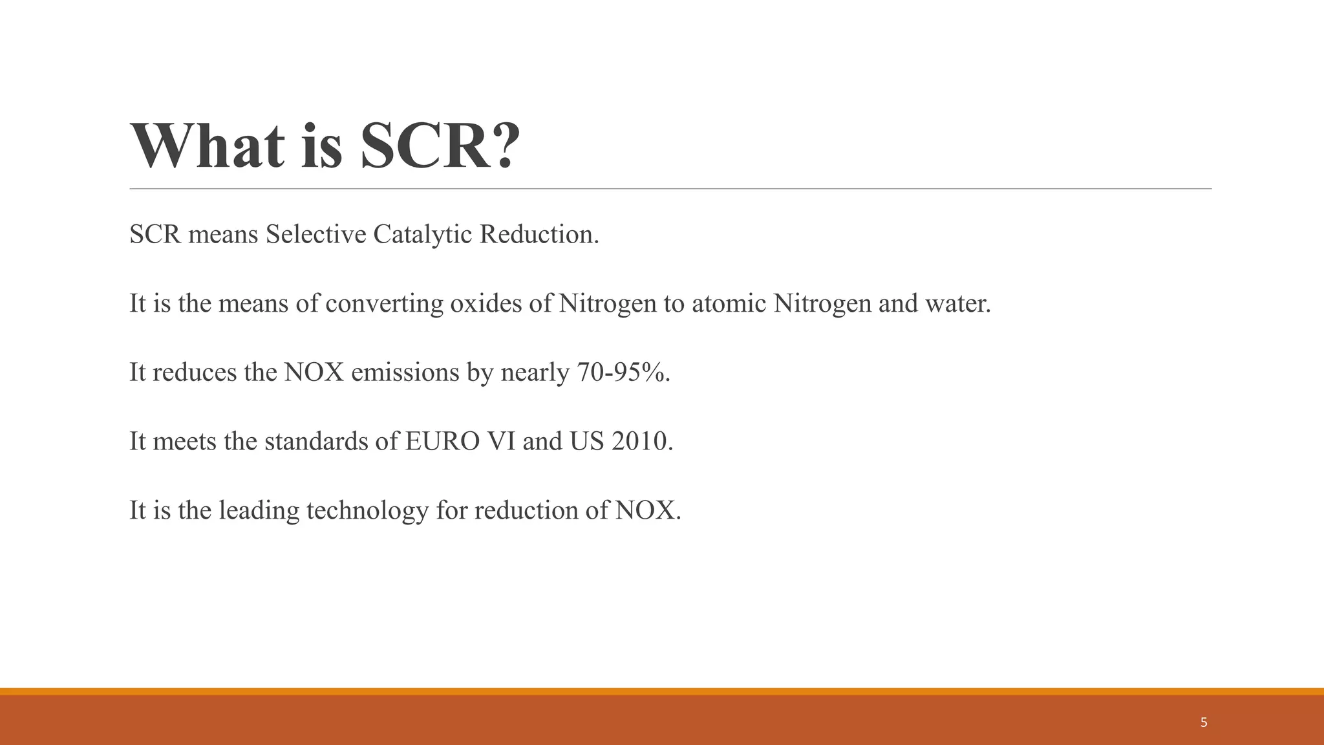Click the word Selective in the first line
(x=316, y=234)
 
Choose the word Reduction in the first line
(x=538, y=234)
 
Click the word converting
(x=384, y=304)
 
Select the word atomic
(x=729, y=303)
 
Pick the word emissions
(x=405, y=372)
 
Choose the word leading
(x=259, y=511)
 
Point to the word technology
(x=367, y=512)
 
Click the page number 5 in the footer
(x=1203, y=722)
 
